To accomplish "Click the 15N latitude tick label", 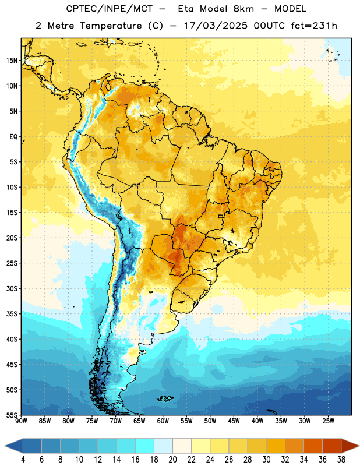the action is pos(12,61).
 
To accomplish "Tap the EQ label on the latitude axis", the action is pos(13,137).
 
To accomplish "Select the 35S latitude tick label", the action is pos(12,314).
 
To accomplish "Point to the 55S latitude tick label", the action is pos(12,415).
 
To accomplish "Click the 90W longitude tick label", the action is pos(21,421).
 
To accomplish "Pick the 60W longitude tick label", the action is pos(163,421).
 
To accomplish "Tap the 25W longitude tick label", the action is pos(328,421).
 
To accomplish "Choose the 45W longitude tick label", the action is pos(234,421).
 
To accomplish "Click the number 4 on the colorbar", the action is pos(23,460).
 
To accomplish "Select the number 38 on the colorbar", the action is pos(341,460).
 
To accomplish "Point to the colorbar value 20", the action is pos(172,460).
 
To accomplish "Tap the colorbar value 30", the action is pos(266,460).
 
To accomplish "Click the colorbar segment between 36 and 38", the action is pos(332,446).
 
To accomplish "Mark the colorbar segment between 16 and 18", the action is pos(145,446).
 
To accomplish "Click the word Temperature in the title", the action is pos(111,26).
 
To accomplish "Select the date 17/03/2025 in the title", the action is pos(216,26).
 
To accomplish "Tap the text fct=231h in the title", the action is pos(314,26).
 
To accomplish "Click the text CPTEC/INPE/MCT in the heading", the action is pos(109,9).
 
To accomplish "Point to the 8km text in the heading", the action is pos(243,9).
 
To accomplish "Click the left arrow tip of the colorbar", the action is pos(5,446).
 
